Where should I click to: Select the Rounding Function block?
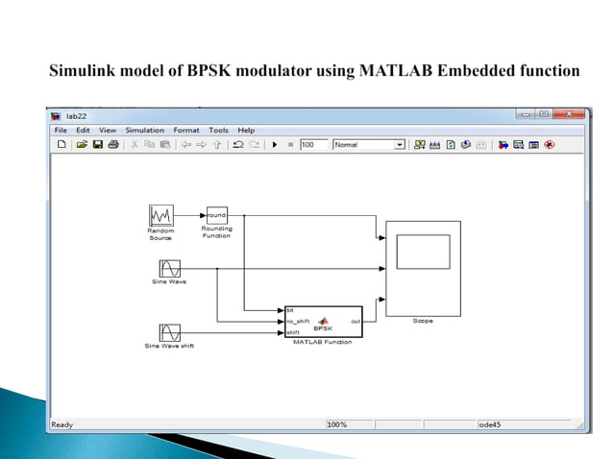point(216,214)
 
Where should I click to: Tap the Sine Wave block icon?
point(169,268)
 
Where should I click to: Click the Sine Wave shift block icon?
point(169,332)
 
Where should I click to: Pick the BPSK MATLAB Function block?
point(322,320)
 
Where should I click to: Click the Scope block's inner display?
point(423,252)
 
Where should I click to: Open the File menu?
point(61,130)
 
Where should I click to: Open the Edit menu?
point(83,130)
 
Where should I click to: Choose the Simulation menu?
point(144,130)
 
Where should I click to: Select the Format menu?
point(186,130)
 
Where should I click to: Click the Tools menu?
point(218,130)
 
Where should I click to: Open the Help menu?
point(246,130)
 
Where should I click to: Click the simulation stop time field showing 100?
point(312,145)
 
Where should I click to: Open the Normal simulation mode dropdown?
point(369,145)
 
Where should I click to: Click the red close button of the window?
point(570,114)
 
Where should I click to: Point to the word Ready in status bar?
point(61,423)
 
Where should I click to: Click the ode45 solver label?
point(492,423)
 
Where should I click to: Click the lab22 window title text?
point(76,115)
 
